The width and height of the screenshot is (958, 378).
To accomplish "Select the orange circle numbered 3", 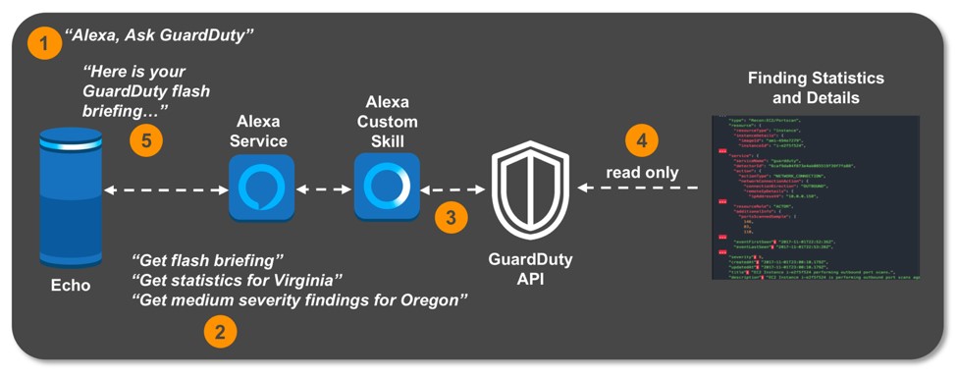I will [451, 218].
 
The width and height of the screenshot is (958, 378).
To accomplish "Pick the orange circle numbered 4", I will [641, 140].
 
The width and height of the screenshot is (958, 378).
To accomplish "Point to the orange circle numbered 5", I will [146, 140].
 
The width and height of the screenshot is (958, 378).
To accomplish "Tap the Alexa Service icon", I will [261, 188].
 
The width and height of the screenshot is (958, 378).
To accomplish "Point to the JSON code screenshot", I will [815, 197].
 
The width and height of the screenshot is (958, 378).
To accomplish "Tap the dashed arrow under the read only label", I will [639, 188].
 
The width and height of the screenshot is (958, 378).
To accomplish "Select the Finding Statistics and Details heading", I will [815, 87].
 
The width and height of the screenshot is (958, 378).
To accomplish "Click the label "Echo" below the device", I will [70, 286].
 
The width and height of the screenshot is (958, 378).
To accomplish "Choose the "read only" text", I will [642, 172].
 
